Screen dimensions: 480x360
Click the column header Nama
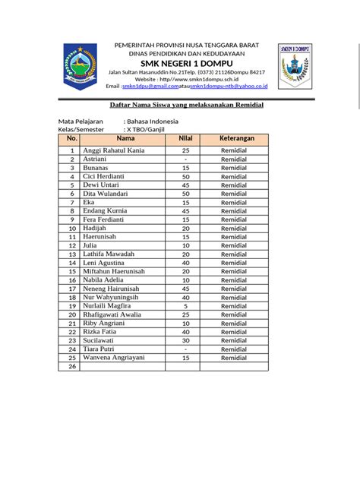[126, 139]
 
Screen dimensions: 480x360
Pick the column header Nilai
[185, 139]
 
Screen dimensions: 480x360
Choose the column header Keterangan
[236, 139]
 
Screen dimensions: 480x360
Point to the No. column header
[72, 139]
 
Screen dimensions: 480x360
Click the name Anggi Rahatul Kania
[114, 151]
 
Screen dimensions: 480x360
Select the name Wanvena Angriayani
[114, 358]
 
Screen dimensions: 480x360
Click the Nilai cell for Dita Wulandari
[185, 194]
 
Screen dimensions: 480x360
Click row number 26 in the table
[72, 367]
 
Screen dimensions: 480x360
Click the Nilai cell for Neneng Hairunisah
[185, 289]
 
